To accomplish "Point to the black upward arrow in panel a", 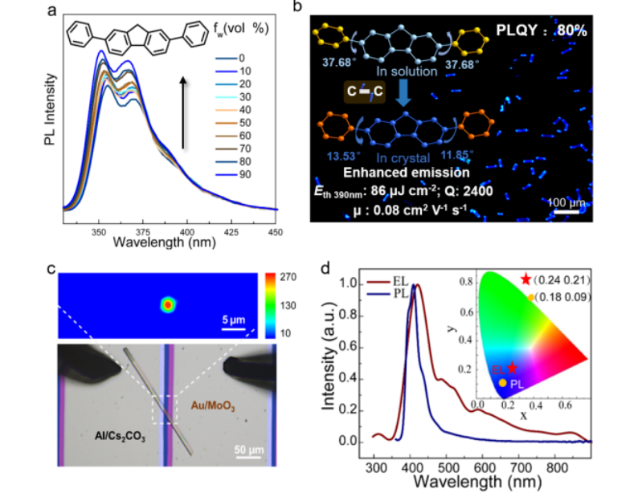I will [x=184, y=112].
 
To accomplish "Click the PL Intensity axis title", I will [x=50, y=109].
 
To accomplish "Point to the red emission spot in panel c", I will [x=167, y=305].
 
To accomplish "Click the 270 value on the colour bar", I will [x=286, y=277].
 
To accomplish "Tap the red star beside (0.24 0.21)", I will [x=526, y=279].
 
